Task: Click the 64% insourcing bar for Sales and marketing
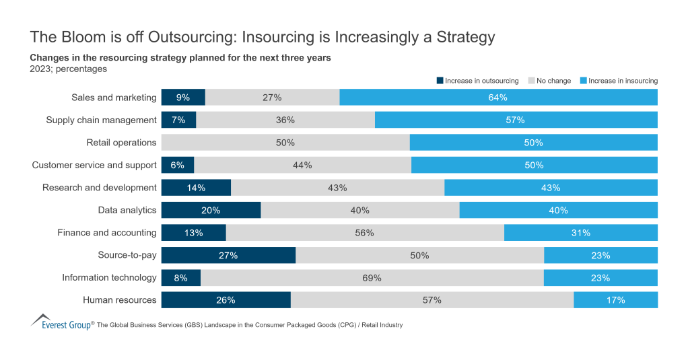click(498, 98)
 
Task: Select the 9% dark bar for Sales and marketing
click(183, 98)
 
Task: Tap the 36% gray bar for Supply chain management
click(285, 120)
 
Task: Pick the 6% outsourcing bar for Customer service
click(178, 165)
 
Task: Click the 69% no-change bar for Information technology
click(372, 277)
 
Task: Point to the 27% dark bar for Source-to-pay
click(228, 255)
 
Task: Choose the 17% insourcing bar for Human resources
click(615, 300)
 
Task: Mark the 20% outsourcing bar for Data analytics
click(211, 210)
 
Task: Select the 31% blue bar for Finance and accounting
click(580, 233)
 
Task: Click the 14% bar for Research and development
click(196, 188)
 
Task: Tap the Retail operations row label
click(121, 143)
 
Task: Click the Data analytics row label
click(127, 210)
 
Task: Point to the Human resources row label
click(119, 300)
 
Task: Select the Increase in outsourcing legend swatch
click(440, 81)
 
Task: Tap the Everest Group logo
click(61, 323)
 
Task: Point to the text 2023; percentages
click(69, 68)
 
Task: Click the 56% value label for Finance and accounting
click(365, 233)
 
